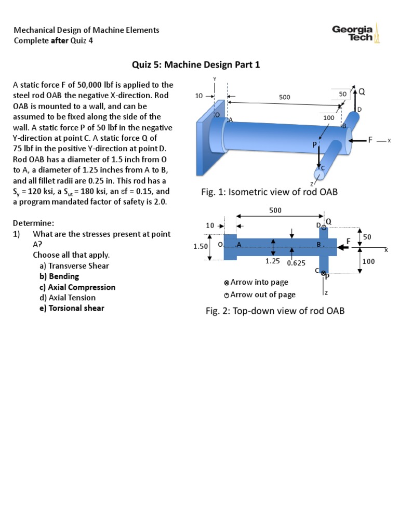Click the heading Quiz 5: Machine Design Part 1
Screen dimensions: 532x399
click(x=196, y=64)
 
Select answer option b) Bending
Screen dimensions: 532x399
click(x=59, y=276)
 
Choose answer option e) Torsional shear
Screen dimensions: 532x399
click(x=72, y=308)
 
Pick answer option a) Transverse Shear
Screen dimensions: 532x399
click(x=74, y=266)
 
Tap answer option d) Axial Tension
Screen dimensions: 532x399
click(x=68, y=298)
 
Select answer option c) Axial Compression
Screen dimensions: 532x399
click(x=77, y=287)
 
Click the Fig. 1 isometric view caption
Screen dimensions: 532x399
click(x=269, y=192)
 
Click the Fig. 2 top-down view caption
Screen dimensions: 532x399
click(x=275, y=311)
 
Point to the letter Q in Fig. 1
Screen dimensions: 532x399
click(x=362, y=91)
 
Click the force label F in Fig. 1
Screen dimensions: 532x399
click(x=370, y=140)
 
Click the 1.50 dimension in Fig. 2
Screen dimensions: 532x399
click(x=201, y=246)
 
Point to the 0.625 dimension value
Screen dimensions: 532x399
click(x=296, y=263)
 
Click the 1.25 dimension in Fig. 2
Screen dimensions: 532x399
click(x=273, y=261)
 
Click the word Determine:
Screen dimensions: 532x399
click(x=33, y=223)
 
